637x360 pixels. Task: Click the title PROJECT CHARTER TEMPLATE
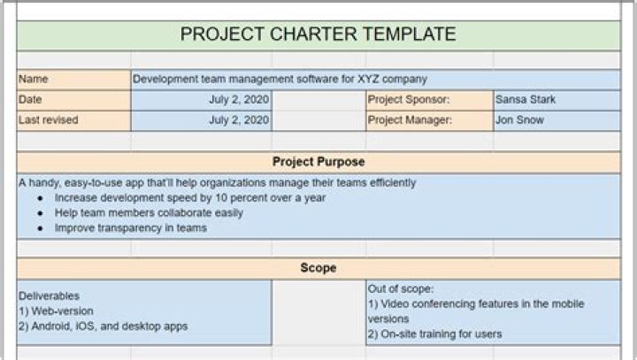point(318,34)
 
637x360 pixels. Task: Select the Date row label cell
point(30,100)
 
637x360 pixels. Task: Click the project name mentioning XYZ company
point(280,79)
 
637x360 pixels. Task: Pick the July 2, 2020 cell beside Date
point(239,100)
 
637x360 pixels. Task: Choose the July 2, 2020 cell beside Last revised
point(239,120)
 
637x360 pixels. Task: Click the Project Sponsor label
point(409,100)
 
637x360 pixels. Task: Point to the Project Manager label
point(411,120)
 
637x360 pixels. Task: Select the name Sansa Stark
point(526,100)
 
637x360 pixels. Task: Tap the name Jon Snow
point(520,120)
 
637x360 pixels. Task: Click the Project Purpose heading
point(318,162)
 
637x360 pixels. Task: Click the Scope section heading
point(318,267)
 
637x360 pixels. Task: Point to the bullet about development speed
point(190,198)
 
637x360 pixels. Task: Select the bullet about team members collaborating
point(149,213)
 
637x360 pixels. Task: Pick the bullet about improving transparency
point(131,228)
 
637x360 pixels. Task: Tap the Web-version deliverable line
point(56,311)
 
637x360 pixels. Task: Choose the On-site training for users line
point(434,334)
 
